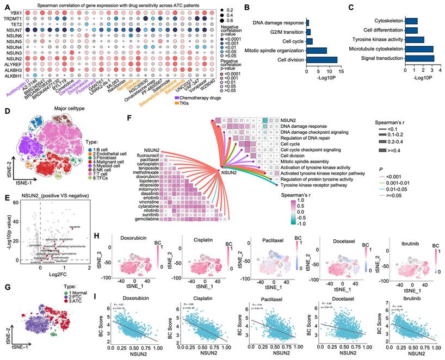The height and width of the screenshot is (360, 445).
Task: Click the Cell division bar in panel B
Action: coord(322,60)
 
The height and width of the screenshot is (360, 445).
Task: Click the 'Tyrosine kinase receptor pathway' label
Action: coord(313,184)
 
